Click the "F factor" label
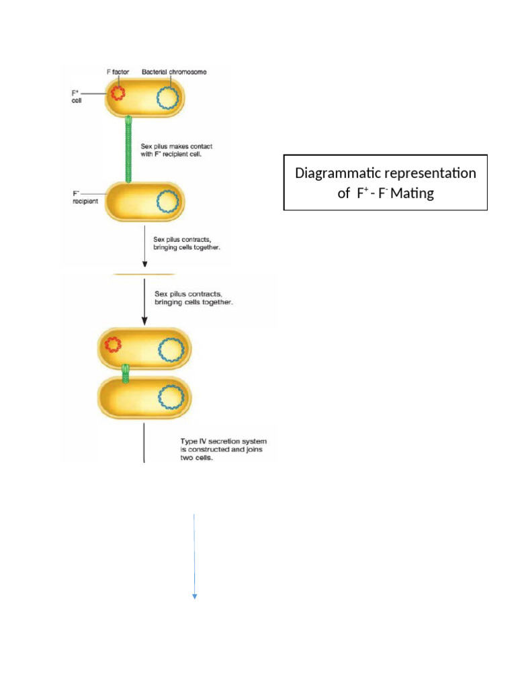pos(122,72)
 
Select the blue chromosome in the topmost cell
pos(167,97)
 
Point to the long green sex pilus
pos(127,148)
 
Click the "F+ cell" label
pos(77,96)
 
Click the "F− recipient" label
pos(85,196)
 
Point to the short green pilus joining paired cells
pos(125,373)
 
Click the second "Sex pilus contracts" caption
pos(194,298)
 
